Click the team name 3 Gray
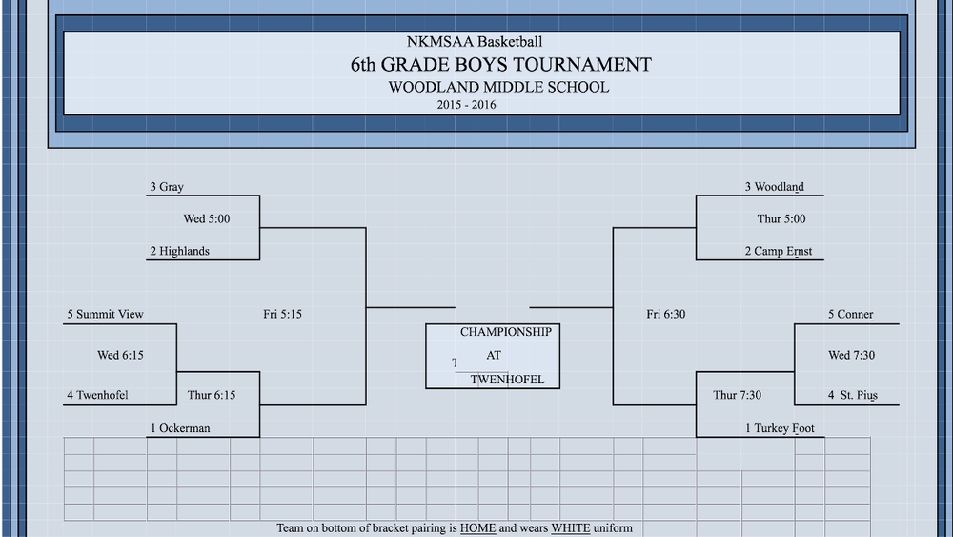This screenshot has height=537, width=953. [167, 187]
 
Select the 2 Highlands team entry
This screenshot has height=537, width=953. [179, 251]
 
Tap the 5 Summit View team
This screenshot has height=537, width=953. [105, 315]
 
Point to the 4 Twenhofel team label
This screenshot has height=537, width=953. [97, 395]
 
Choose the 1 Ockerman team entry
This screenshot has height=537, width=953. [180, 428]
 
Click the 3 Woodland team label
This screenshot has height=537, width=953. [774, 187]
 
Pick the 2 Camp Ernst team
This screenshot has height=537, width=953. [779, 251]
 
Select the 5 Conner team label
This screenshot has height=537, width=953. [850, 315]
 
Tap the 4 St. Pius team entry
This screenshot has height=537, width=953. [853, 395]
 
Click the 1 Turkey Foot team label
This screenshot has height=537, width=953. [780, 428]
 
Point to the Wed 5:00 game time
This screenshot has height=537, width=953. [207, 219]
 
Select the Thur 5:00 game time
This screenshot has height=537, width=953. [781, 219]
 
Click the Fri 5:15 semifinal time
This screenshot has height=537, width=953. [282, 315]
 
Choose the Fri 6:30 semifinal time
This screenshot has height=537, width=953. [665, 315]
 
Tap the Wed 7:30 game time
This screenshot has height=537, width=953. [851, 355]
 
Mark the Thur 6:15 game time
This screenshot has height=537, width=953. [211, 395]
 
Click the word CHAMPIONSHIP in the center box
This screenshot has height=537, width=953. [506, 332]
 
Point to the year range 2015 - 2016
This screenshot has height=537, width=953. [466, 105]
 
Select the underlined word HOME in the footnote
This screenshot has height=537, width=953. [477, 527]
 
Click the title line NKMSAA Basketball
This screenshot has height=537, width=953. [474, 42]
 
